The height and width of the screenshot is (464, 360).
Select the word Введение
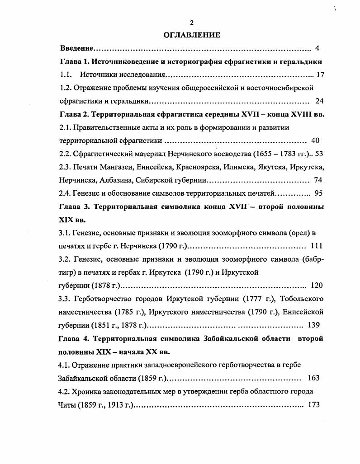click(77, 48)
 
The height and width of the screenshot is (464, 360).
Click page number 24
click(319, 101)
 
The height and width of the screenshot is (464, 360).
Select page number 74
click(317, 180)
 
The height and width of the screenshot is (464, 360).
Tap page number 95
click(318, 193)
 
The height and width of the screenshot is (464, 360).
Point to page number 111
click(317, 246)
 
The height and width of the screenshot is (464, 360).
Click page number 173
click(314, 404)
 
